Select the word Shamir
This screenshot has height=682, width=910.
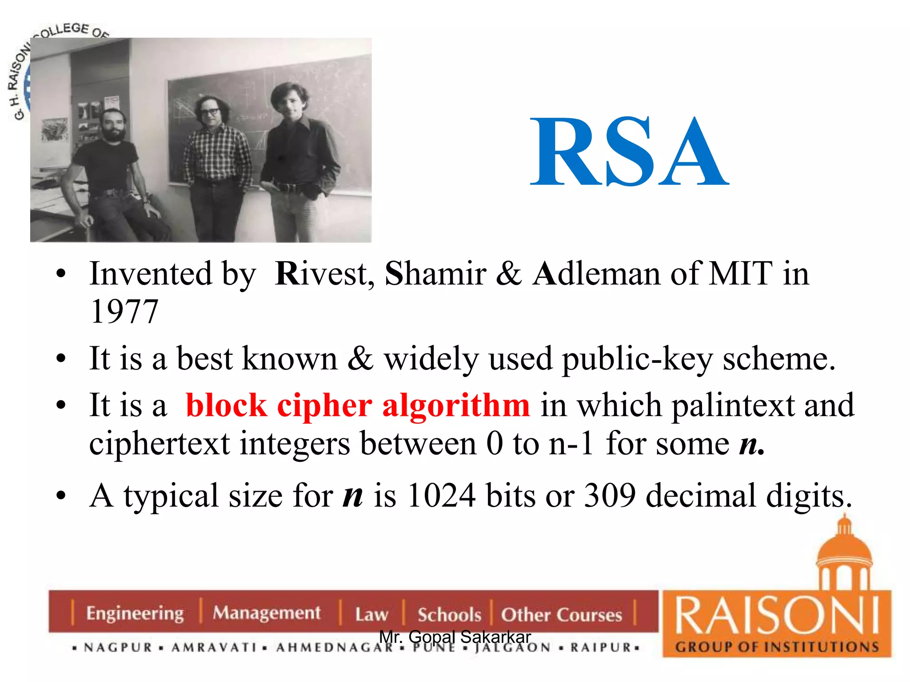pyautogui.click(x=435, y=274)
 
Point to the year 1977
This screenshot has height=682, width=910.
pyautogui.click(x=124, y=311)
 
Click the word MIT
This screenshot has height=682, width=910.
pyautogui.click(x=741, y=274)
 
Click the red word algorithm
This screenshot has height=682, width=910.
pyautogui.click(x=456, y=406)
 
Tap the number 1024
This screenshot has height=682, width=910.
pyautogui.click(x=441, y=496)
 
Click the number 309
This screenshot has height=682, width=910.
pyautogui.click(x=610, y=496)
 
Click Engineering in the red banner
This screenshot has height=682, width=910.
pyautogui.click(x=135, y=613)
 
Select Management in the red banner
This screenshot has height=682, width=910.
pyautogui.click(x=266, y=613)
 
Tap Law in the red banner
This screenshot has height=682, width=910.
pyautogui.click(x=371, y=615)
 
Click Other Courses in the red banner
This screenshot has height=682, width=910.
pyautogui.click(x=561, y=615)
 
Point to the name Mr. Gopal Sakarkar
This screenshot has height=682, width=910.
pyautogui.click(x=455, y=637)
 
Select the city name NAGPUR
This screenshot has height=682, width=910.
pyautogui.click(x=118, y=647)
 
